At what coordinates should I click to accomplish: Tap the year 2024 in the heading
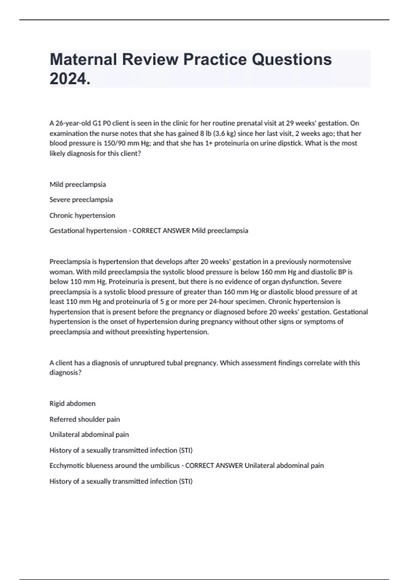point(70,79)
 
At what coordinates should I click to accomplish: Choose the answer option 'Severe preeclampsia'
point(81,200)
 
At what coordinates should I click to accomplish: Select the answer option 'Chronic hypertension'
point(82,215)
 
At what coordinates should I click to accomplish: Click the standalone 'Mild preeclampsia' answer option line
point(78,185)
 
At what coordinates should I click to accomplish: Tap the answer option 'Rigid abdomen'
point(72,404)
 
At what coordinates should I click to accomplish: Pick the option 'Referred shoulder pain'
point(85,419)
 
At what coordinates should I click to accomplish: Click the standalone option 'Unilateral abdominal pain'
point(89,435)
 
